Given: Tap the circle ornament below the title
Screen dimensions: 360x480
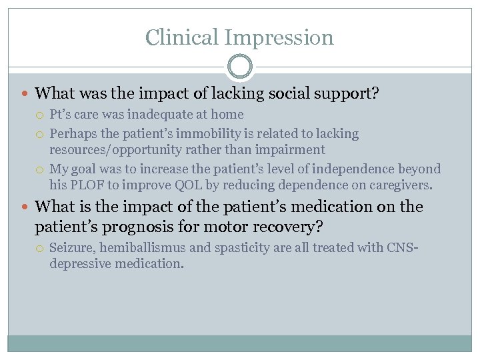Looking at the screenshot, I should click(x=240, y=67).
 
